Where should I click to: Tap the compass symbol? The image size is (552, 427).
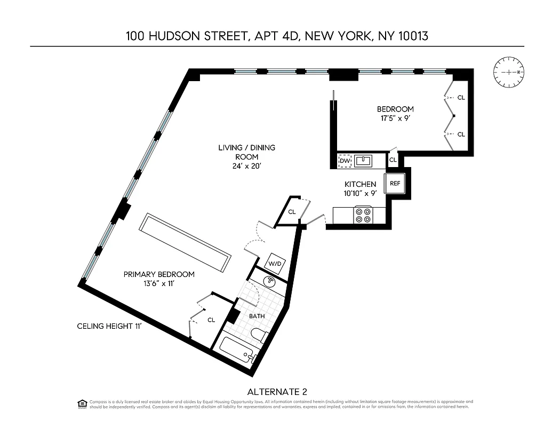pos(509,72)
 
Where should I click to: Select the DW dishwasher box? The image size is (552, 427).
pos(345,160)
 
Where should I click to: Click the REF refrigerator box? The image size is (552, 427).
pos(395,184)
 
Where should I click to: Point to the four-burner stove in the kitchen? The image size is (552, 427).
pos(364,215)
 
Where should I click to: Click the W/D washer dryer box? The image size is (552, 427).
pos(275,263)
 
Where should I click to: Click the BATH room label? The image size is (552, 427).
pos(257,316)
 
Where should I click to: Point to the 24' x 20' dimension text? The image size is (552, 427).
pos(246,166)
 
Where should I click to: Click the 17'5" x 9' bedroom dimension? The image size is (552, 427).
pos(395,118)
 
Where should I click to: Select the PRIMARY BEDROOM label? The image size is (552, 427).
pos(159,274)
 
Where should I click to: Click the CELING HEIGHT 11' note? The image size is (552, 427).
pos(109,326)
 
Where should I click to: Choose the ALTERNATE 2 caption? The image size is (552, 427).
pos(277,391)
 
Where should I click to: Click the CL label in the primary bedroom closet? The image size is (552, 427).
pos(211,320)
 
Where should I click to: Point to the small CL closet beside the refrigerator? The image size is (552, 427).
pos(393,160)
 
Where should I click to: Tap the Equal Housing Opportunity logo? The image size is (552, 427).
pos(82,403)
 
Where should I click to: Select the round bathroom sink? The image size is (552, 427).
pos(270,281)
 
